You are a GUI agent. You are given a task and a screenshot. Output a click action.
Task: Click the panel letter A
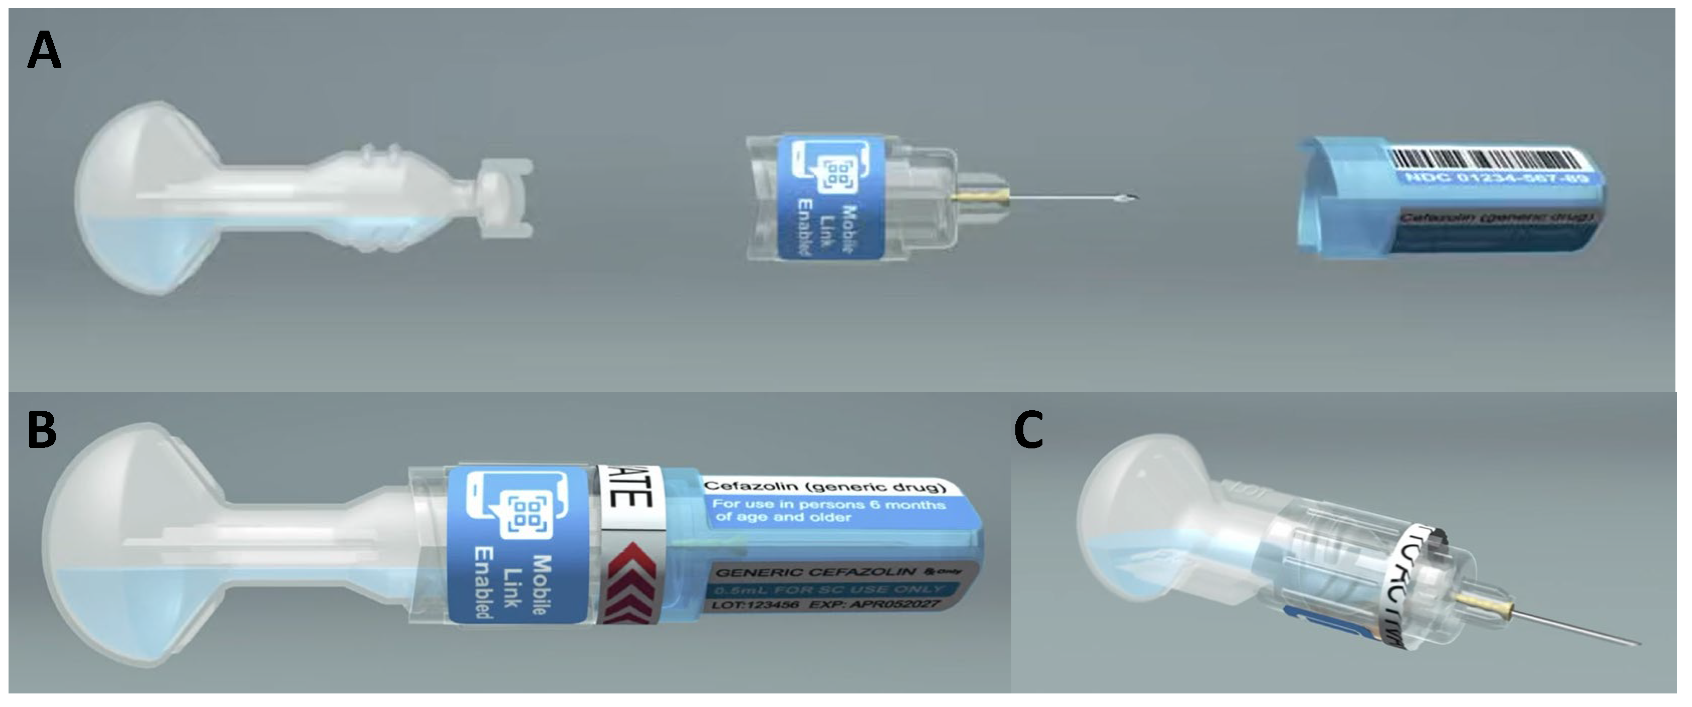(x=44, y=53)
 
